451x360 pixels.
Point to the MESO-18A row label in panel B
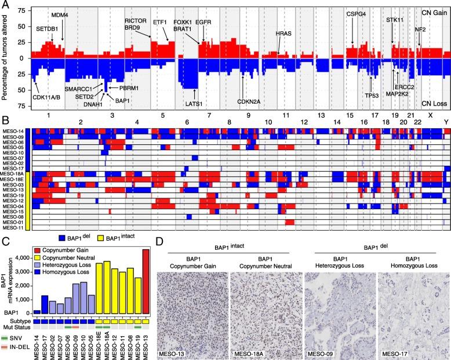coord(16,173)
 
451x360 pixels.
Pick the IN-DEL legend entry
coord(19,347)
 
